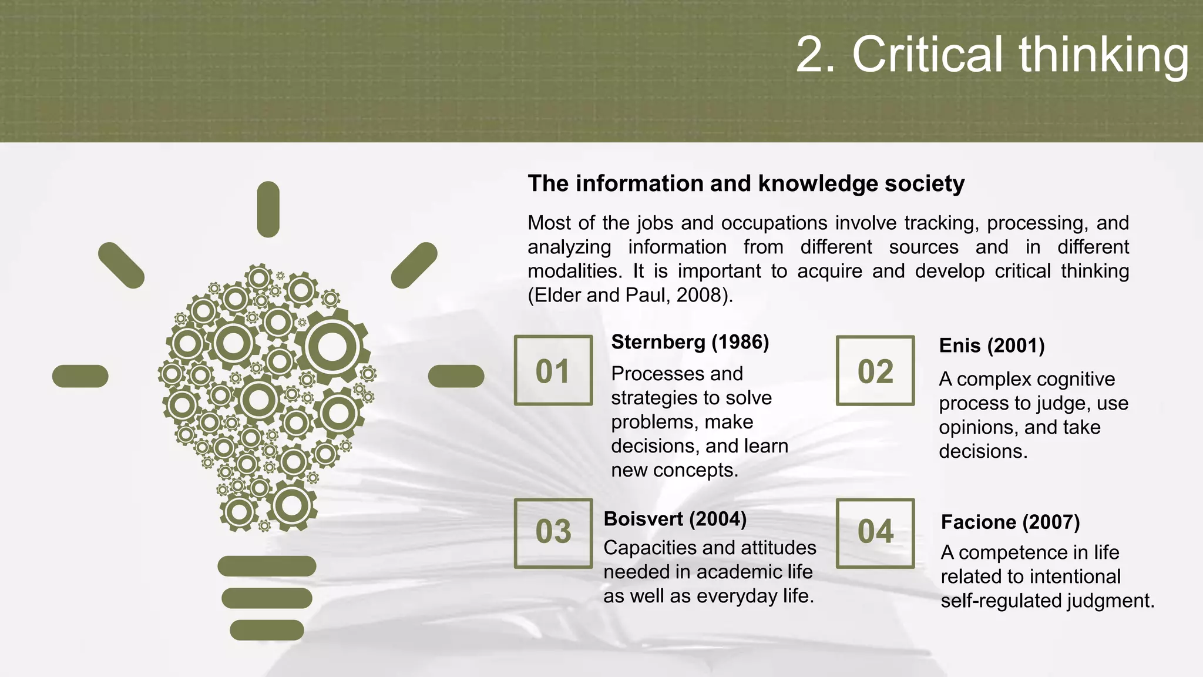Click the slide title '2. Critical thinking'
click(992, 55)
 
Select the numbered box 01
click(553, 371)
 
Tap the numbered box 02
click(875, 371)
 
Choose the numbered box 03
click(553, 533)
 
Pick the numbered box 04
click(875, 533)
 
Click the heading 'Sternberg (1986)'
click(690, 342)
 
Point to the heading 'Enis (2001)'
click(992, 346)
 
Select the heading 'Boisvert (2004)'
click(675, 519)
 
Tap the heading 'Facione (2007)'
click(1010, 522)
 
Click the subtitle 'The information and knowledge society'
click(745, 183)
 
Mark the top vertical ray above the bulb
click(268, 209)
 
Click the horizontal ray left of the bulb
click(80, 376)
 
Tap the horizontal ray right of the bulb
click(456, 376)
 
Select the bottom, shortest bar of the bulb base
click(267, 630)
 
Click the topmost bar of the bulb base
click(267, 566)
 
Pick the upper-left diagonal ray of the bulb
click(121, 265)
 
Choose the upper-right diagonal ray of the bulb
click(414, 265)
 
